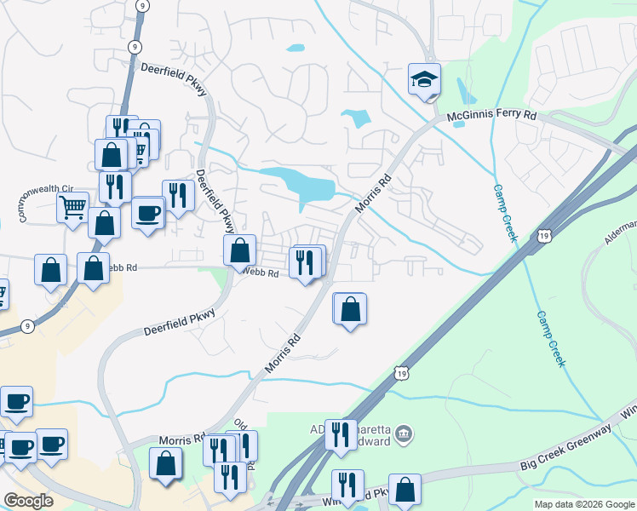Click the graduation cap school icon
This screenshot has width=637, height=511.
click(424, 80)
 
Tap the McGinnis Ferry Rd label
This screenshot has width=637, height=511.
click(493, 115)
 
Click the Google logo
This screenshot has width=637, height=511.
click(28, 501)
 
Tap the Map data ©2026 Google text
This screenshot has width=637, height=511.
click(583, 504)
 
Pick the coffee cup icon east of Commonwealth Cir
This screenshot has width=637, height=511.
click(148, 213)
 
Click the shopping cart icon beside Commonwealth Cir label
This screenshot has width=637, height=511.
click(72, 206)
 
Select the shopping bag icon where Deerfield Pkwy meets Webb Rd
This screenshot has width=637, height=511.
click(239, 250)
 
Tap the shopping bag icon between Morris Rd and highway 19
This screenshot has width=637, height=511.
click(349, 308)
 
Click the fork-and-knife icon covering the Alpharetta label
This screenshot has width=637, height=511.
click(341, 434)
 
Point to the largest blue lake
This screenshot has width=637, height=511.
click(300, 184)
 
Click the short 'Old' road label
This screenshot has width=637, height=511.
click(241, 424)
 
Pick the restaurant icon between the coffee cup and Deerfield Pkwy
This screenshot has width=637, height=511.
click(177, 196)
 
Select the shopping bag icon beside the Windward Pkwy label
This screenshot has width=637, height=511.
click(405, 490)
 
